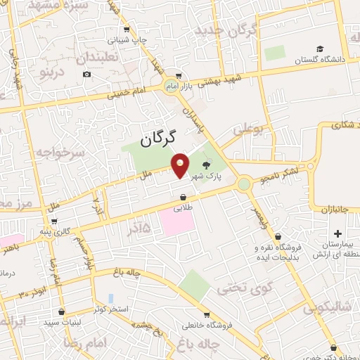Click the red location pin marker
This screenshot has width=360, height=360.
pyautogui.click(x=181, y=165)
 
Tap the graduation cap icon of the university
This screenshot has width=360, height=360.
pyautogui.click(x=320, y=49)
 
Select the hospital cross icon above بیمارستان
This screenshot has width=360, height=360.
pyautogui.click(x=337, y=233)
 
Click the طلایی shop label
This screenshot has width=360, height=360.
pyautogui.click(x=184, y=208)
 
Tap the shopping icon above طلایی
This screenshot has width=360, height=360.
pyautogui.click(x=184, y=198)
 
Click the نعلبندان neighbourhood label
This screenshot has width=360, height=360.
pyautogui.click(x=100, y=57)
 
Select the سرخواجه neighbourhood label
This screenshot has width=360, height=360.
pyautogui.click(x=60, y=151)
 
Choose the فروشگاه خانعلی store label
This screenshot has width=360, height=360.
pyautogui.click(x=206, y=325)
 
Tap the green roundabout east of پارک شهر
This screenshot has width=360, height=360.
pyautogui.click(x=244, y=185)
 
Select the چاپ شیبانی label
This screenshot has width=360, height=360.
pyautogui.click(x=127, y=40)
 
